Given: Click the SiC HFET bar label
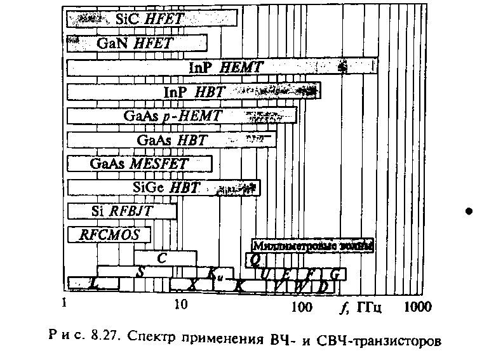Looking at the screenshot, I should [x=150, y=19].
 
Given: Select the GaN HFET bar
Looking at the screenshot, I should [x=136, y=43].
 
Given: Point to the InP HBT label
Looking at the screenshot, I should [x=194, y=92].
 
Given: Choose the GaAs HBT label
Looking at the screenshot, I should [x=172, y=140].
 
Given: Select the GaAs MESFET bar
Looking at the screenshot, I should [x=139, y=164].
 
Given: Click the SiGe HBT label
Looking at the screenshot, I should [x=166, y=188].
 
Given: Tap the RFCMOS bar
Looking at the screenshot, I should [x=109, y=235].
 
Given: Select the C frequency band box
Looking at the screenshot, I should [x=162, y=258].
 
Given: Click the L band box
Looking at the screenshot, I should [x=94, y=285].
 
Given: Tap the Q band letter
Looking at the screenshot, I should [x=255, y=258].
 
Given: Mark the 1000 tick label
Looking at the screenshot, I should [x=419, y=308].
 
